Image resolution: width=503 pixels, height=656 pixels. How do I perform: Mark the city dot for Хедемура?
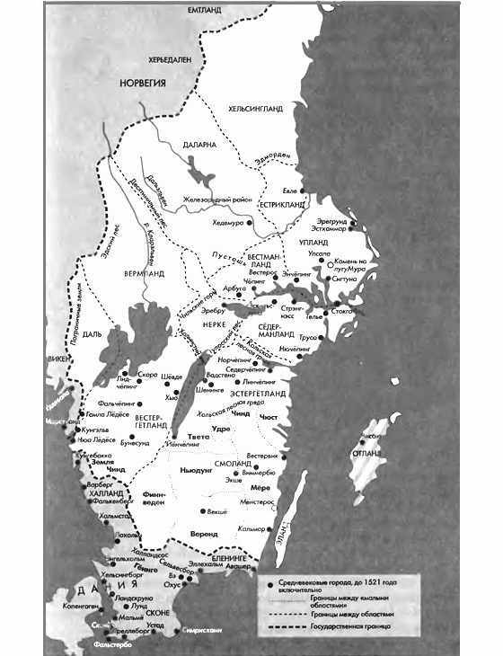pyautogui.click(x=239, y=225)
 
